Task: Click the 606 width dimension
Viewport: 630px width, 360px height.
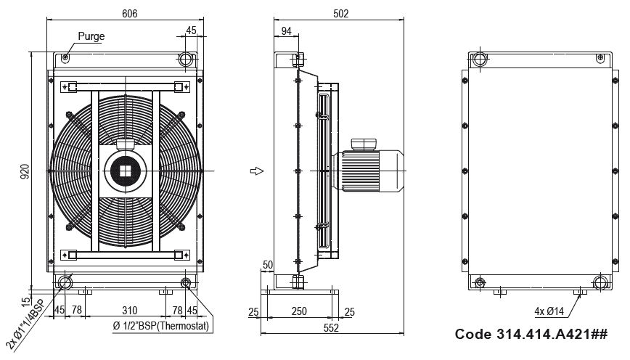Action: (x=129, y=14)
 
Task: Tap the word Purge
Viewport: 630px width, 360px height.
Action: (x=91, y=36)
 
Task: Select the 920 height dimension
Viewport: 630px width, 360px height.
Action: (x=25, y=171)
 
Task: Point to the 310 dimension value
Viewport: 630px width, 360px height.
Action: (x=129, y=311)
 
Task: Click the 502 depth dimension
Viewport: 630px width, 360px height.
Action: (x=340, y=14)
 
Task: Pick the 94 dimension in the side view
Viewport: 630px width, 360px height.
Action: (x=286, y=31)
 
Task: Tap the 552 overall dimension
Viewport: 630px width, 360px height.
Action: (x=331, y=328)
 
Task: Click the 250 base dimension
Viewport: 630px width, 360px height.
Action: (x=299, y=311)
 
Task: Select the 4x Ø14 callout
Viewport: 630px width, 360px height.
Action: (x=549, y=311)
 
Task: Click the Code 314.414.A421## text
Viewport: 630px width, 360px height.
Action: (x=531, y=334)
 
